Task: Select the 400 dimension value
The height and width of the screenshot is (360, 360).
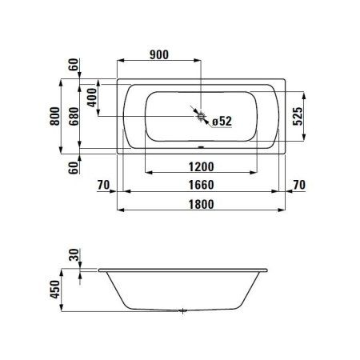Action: (92, 98)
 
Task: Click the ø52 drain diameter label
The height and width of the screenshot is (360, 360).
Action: (220, 121)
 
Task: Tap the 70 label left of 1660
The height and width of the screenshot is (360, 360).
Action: (102, 186)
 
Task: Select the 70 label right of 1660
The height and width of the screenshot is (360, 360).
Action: (298, 186)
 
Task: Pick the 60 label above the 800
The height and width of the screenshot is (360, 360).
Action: (73, 66)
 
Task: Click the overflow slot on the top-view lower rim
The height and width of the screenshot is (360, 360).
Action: (200, 147)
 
